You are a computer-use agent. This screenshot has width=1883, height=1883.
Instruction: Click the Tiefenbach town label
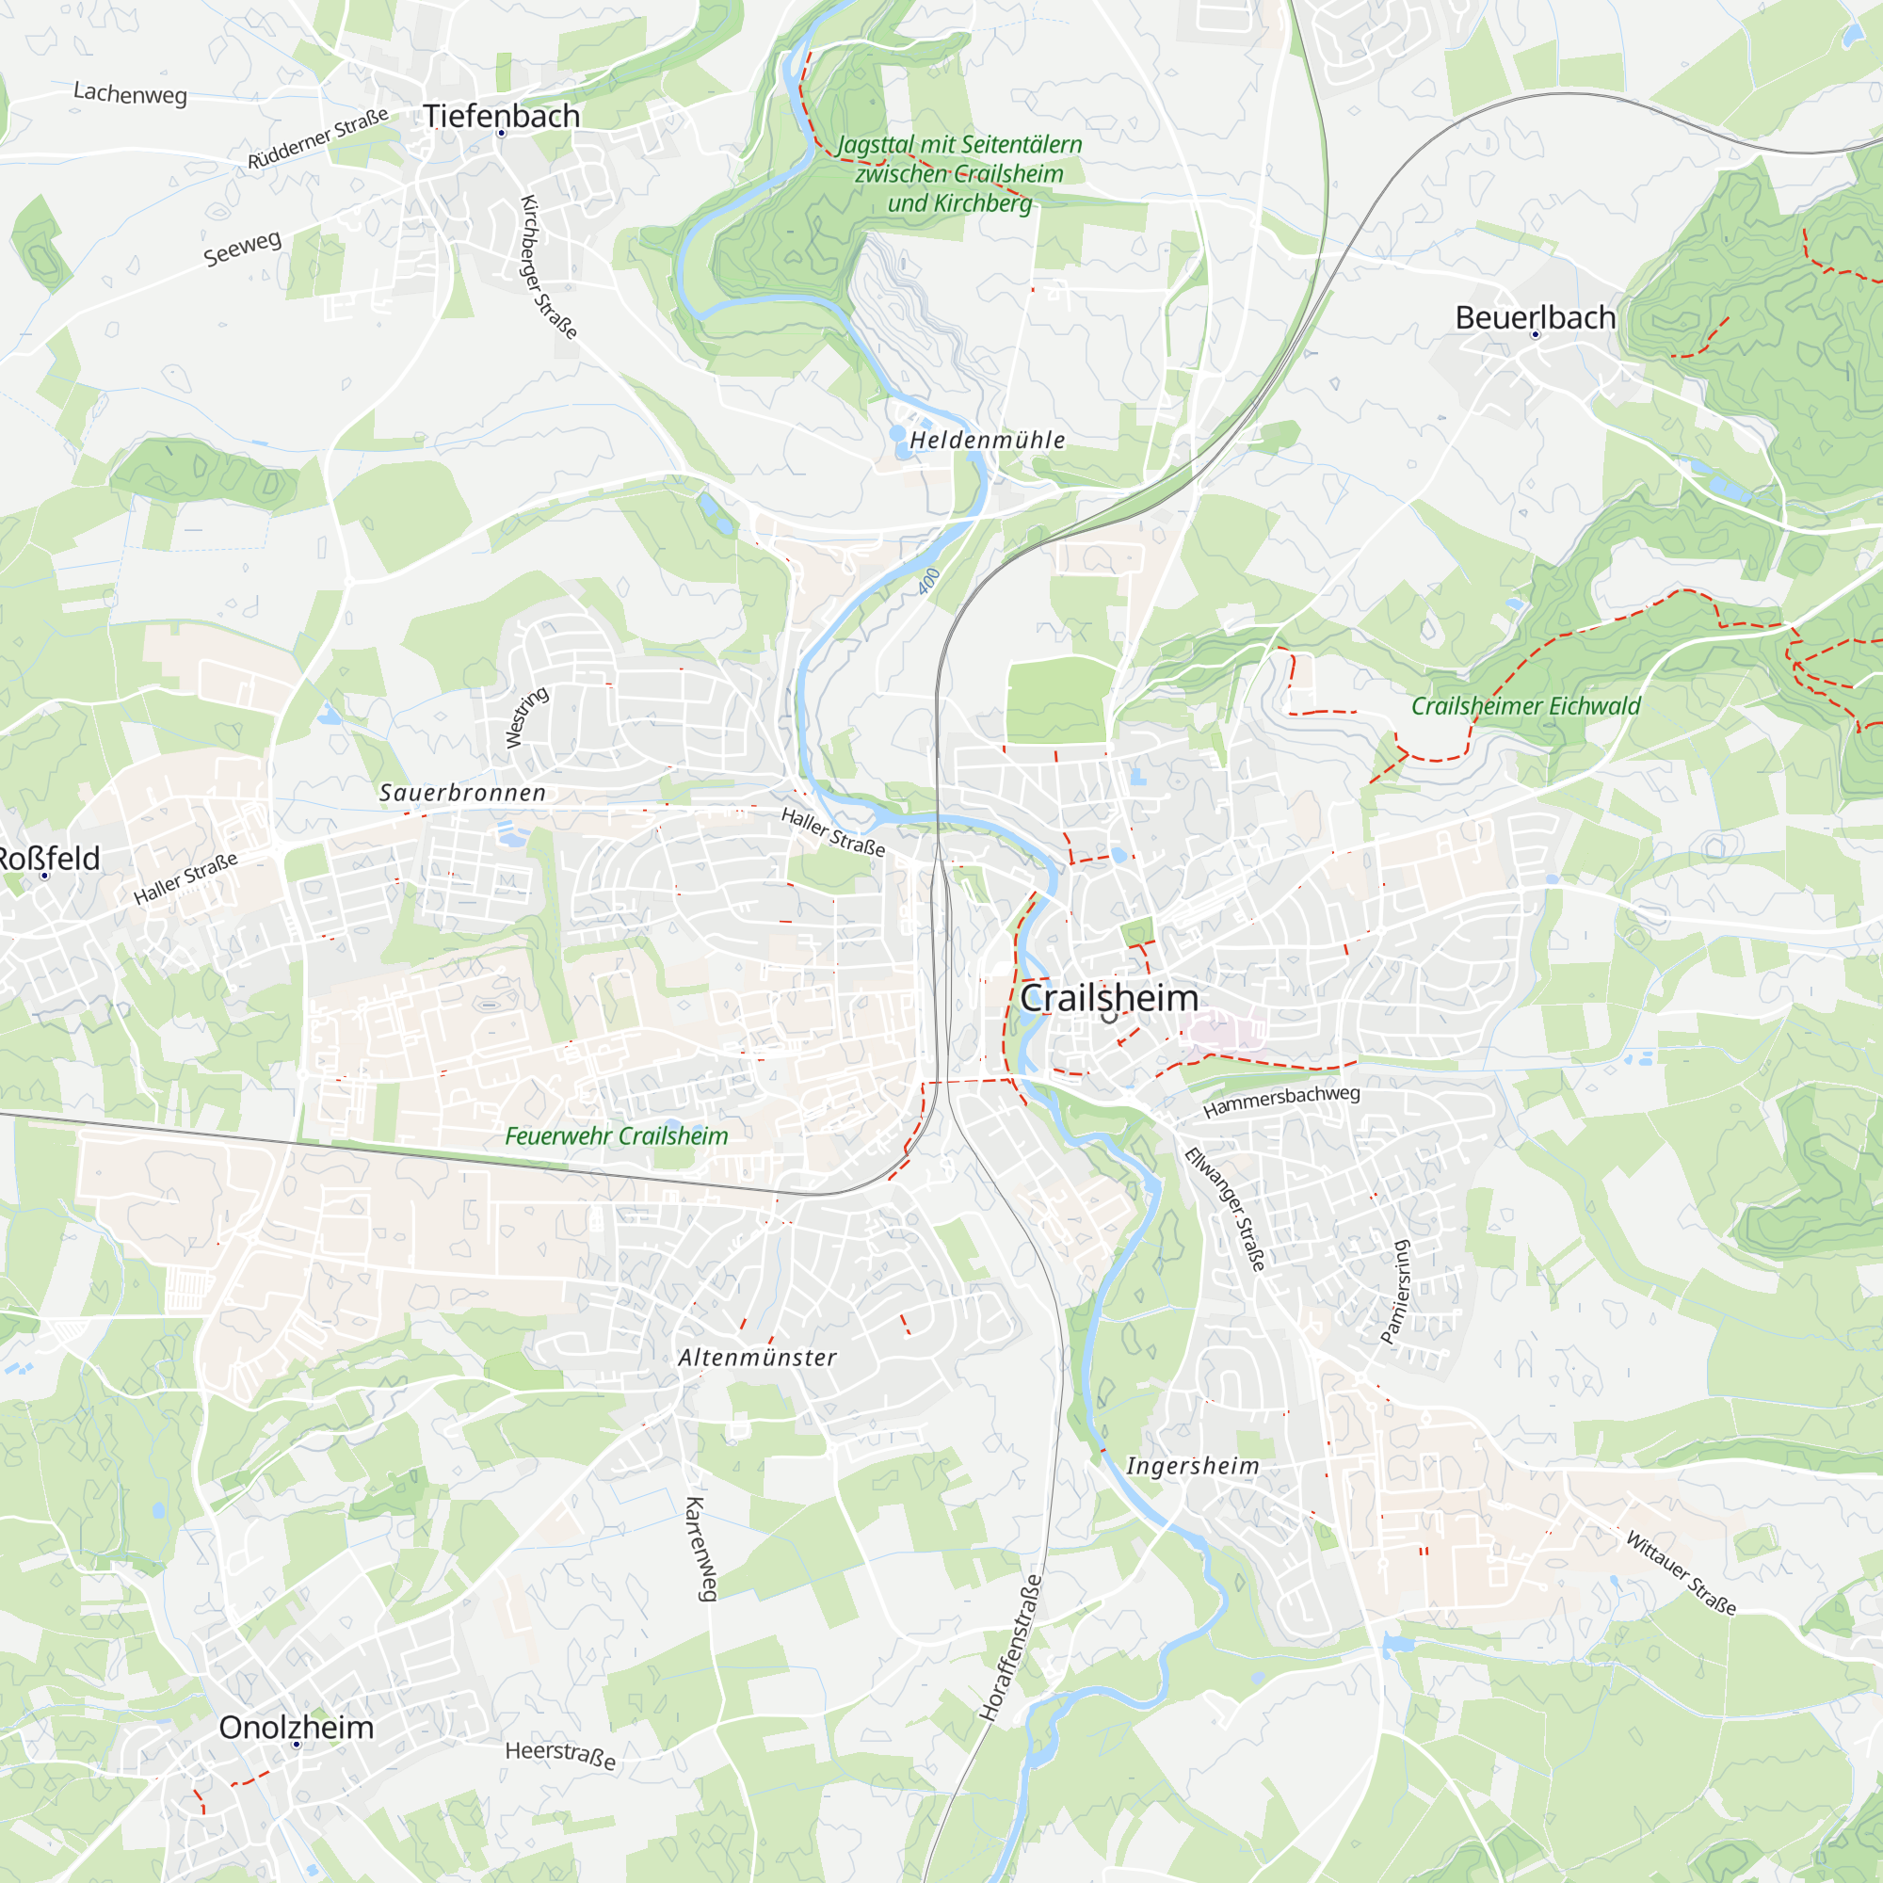coord(501,115)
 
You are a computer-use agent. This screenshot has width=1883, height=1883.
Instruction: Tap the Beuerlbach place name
coord(1535,316)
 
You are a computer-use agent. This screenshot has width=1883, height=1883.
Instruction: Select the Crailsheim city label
coord(1109,997)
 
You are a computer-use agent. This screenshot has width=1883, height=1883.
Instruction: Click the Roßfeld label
coord(49,858)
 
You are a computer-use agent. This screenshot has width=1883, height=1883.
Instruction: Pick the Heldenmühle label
coord(987,440)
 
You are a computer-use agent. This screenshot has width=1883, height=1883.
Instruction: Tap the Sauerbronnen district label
coord(463,793)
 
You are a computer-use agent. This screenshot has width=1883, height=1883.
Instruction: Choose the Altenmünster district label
coord(757,1358)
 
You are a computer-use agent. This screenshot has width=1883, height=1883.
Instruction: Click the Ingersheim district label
coord(1193,1466)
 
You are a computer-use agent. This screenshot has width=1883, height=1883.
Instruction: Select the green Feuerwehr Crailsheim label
coord(616,1135)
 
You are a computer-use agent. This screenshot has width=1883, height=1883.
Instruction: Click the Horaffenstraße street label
coord(1010,1647)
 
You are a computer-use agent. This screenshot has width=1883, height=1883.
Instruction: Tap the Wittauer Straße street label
coord(1681,1573)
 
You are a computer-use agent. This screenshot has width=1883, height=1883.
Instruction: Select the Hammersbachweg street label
coord(1280,1102)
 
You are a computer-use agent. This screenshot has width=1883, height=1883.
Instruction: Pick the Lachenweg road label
coord(131,93)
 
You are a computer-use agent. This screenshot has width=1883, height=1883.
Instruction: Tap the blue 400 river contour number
coord(928,581)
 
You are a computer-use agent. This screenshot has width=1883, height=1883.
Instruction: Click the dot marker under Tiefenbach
coord(501,133)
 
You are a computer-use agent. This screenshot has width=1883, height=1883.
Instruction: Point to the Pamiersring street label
coord(1395,1292)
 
